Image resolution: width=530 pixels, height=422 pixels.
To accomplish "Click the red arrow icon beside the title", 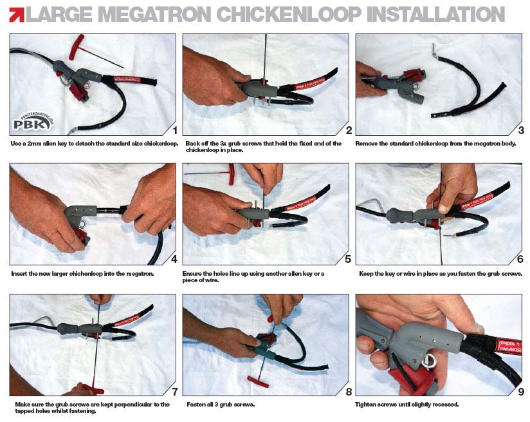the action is point(17,15).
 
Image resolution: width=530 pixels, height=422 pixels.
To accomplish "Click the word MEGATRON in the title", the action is point(156,14).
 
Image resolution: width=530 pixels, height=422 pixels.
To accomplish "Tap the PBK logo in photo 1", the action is point(33,122).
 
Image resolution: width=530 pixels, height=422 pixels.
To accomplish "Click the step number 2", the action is point(349,130).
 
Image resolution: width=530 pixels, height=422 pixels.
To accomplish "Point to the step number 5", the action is point(348,259).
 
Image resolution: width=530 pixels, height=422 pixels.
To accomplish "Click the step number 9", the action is point(521,391).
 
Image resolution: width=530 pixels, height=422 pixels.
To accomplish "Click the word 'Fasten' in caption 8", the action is point(196,405).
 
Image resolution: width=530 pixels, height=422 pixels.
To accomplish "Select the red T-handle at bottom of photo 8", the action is point(258,381).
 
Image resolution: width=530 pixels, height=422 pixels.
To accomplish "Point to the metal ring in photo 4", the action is point(82,224).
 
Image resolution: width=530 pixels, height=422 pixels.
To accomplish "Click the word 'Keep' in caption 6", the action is point(366,274).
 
